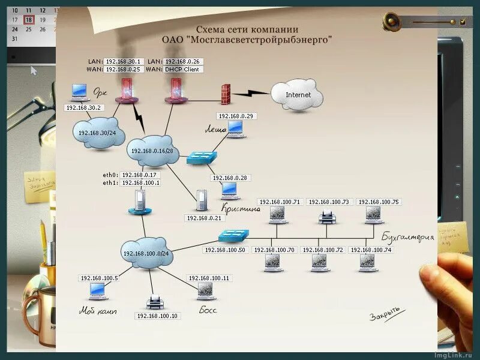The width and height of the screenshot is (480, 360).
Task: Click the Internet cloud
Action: click(x=297, y=94)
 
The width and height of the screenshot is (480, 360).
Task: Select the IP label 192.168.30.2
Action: click(x=84, y=108)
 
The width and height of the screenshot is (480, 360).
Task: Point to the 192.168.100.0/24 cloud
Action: click(x=146, y=253)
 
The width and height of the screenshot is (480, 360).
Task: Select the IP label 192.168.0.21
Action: click(x=203, y=218)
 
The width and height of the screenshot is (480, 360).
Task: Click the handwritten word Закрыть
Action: click(x=384, y=315)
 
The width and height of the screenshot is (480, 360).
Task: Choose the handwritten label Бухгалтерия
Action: click(x=407, y=237)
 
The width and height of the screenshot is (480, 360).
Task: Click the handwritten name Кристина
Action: click(x=241, y=209)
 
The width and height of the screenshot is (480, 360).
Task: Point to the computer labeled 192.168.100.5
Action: click(x=97, y=290)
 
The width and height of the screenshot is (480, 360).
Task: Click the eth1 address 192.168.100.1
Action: click(x=140, y=182)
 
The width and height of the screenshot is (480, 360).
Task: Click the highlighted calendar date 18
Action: click(x=28, y=19)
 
